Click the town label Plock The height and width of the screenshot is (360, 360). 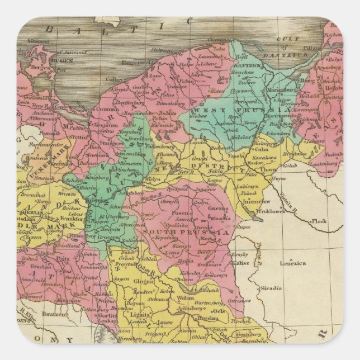pos(320,221)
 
